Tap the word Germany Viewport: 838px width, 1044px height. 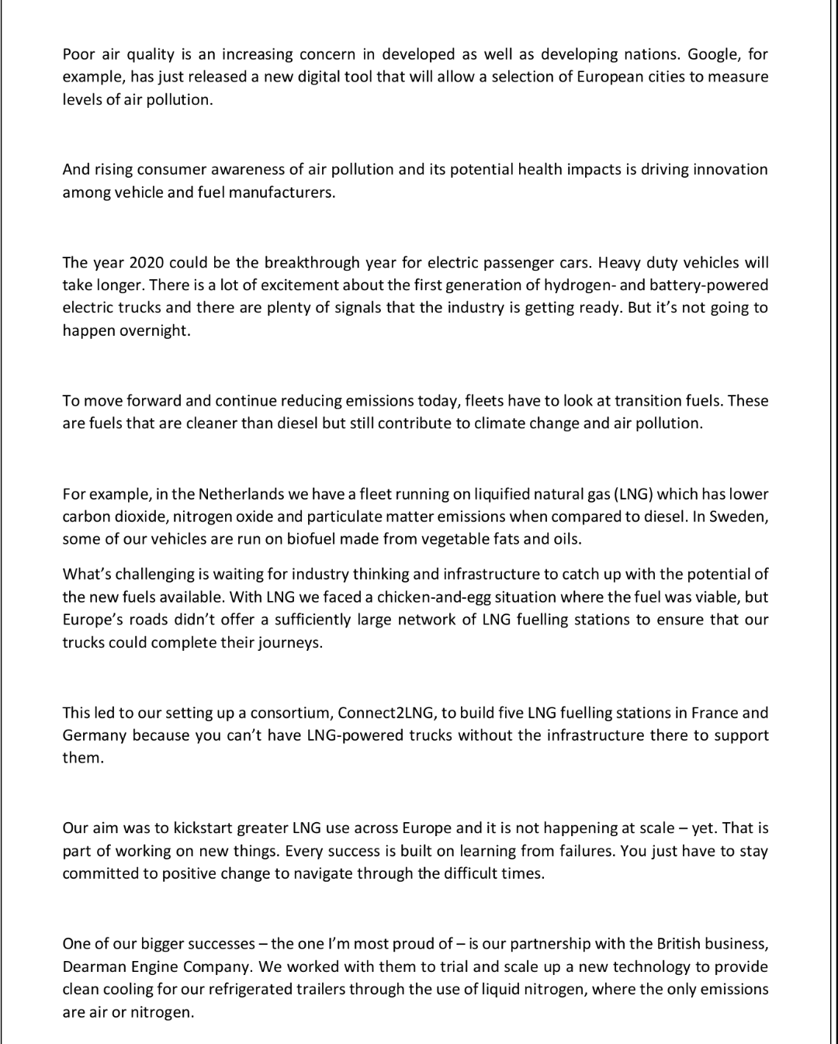point(95,735)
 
